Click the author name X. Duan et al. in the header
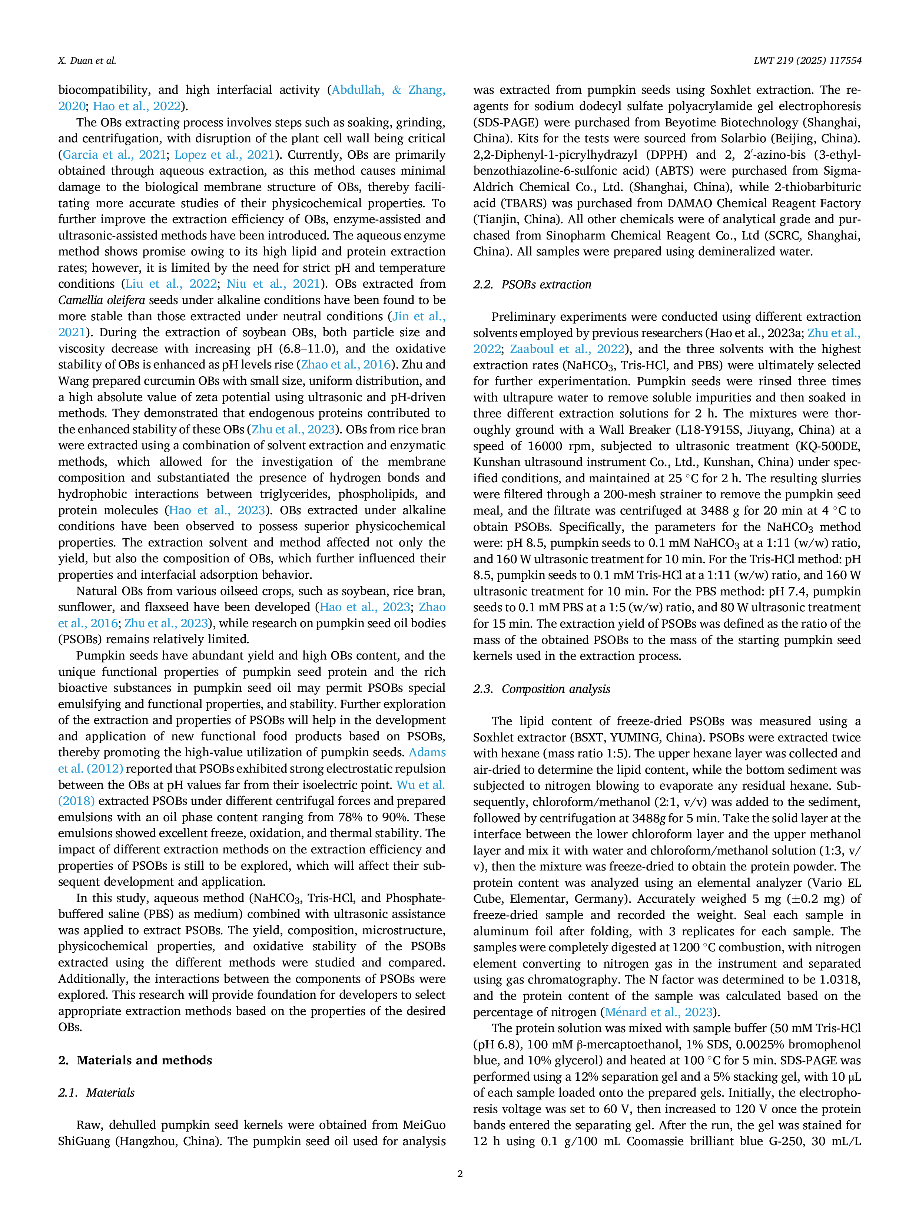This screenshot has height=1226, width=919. (x=87, y=61)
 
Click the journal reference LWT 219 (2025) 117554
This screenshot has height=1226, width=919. (x=807, y=61)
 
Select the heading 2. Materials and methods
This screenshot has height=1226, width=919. (x=135, y=1060)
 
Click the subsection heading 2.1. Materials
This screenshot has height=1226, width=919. (x=96, y=1093)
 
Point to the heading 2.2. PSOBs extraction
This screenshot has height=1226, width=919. (x=533, y=284)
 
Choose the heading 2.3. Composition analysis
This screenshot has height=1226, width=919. (x=542, y=689)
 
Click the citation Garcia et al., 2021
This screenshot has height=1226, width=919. (x=115, y=155)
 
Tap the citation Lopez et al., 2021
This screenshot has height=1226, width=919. (x=224, y=155)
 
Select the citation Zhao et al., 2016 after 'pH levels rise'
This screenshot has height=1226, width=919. (x=346, y=365)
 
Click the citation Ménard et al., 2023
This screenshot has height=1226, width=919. (x=658, y=1012)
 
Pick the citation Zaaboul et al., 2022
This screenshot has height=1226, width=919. (x=568, y=349)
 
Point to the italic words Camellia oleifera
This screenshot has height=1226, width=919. (x=102, y=300)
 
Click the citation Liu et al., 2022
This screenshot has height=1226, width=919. (x=171, y=284)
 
